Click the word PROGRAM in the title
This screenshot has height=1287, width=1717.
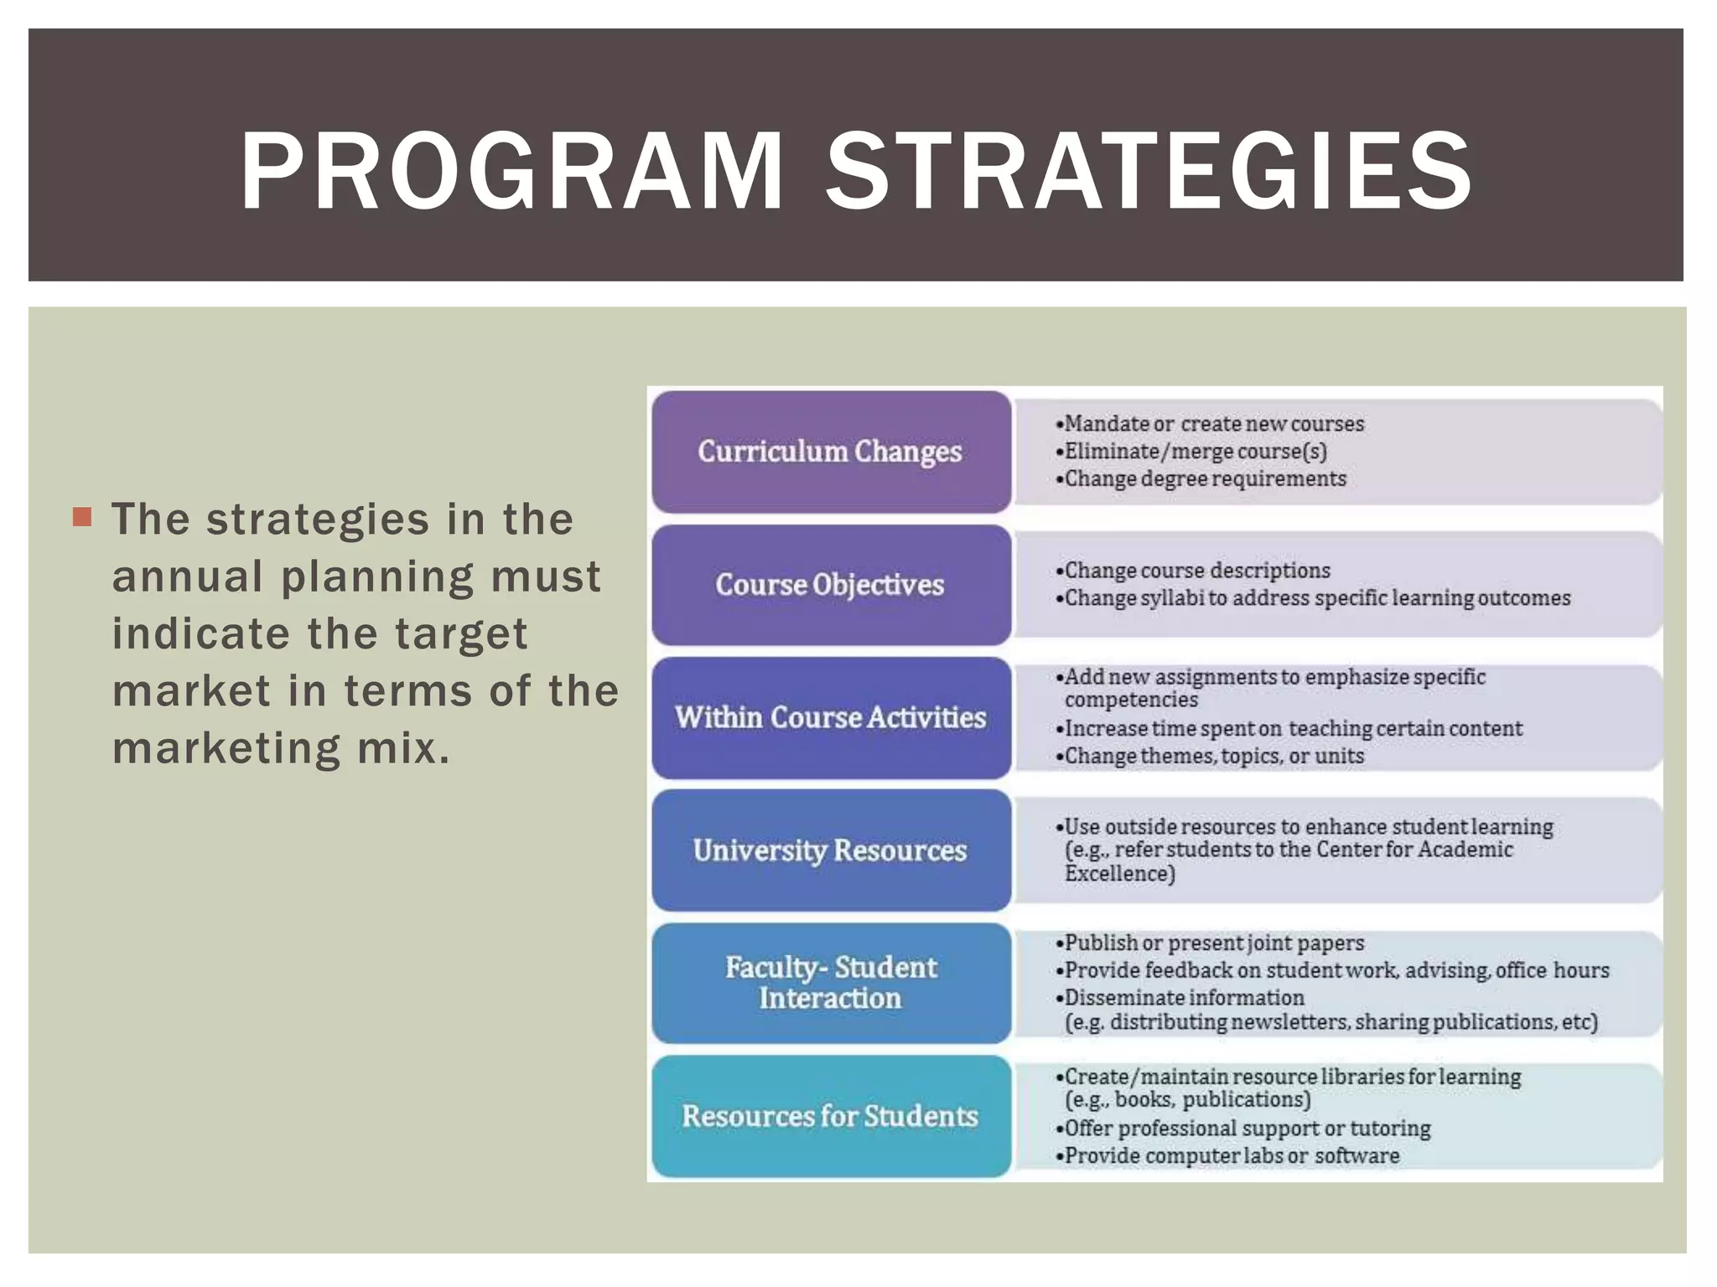point(511,172)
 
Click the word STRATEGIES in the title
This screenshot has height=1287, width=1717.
point(1149,172)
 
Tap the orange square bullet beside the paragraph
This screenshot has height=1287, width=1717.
point(82,517)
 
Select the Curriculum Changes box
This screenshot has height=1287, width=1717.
point(830,452)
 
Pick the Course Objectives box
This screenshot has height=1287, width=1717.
point(830,584)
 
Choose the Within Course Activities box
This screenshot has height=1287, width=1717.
point(830,717)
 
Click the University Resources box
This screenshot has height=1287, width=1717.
point(830,850)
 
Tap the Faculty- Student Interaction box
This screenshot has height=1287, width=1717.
point(830,983)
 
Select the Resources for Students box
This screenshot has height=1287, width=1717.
point(830,1116)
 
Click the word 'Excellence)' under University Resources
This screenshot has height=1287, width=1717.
point(1120,874)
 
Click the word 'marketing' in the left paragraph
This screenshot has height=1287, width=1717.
point(226,748)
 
